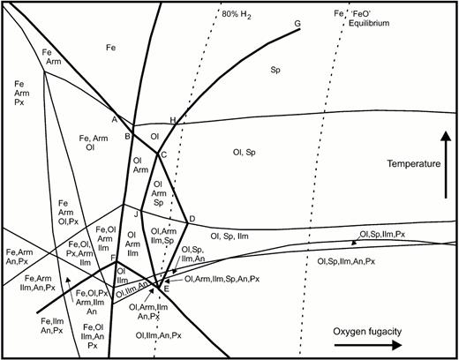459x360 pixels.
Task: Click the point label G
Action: tap(297, 23)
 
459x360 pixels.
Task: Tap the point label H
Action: tap(173, 120)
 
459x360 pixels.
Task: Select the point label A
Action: tap(115, 119)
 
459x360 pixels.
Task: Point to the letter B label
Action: tap(127, 136)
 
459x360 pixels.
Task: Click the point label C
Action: tap(164, 154)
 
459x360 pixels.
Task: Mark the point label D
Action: tap(192, 219)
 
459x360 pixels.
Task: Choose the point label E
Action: tap(166, 289)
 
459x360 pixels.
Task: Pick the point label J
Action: tap(136, 214)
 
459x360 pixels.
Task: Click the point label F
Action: tap(113, 258)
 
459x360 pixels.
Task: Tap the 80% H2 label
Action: tap(237, 15)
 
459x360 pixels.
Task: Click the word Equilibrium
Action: tap(369, 23)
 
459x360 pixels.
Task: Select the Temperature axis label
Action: tap(414, 163)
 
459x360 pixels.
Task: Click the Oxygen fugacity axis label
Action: tap(367, 332)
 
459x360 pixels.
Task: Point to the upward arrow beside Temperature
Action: tap(447, 165)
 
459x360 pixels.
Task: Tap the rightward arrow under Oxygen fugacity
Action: tap(368, 345)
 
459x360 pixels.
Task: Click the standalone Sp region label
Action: tap(275, 70)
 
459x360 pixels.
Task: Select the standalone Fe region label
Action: tap(111, 48)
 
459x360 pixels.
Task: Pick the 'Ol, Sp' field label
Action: tap(245, 153)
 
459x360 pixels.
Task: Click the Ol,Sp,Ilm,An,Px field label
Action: tap(346, 261)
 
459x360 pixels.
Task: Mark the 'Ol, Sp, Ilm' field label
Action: tap(229, 236)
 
